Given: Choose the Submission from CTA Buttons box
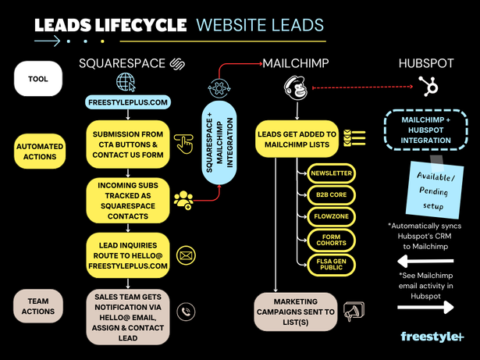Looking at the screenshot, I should [127, 141].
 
